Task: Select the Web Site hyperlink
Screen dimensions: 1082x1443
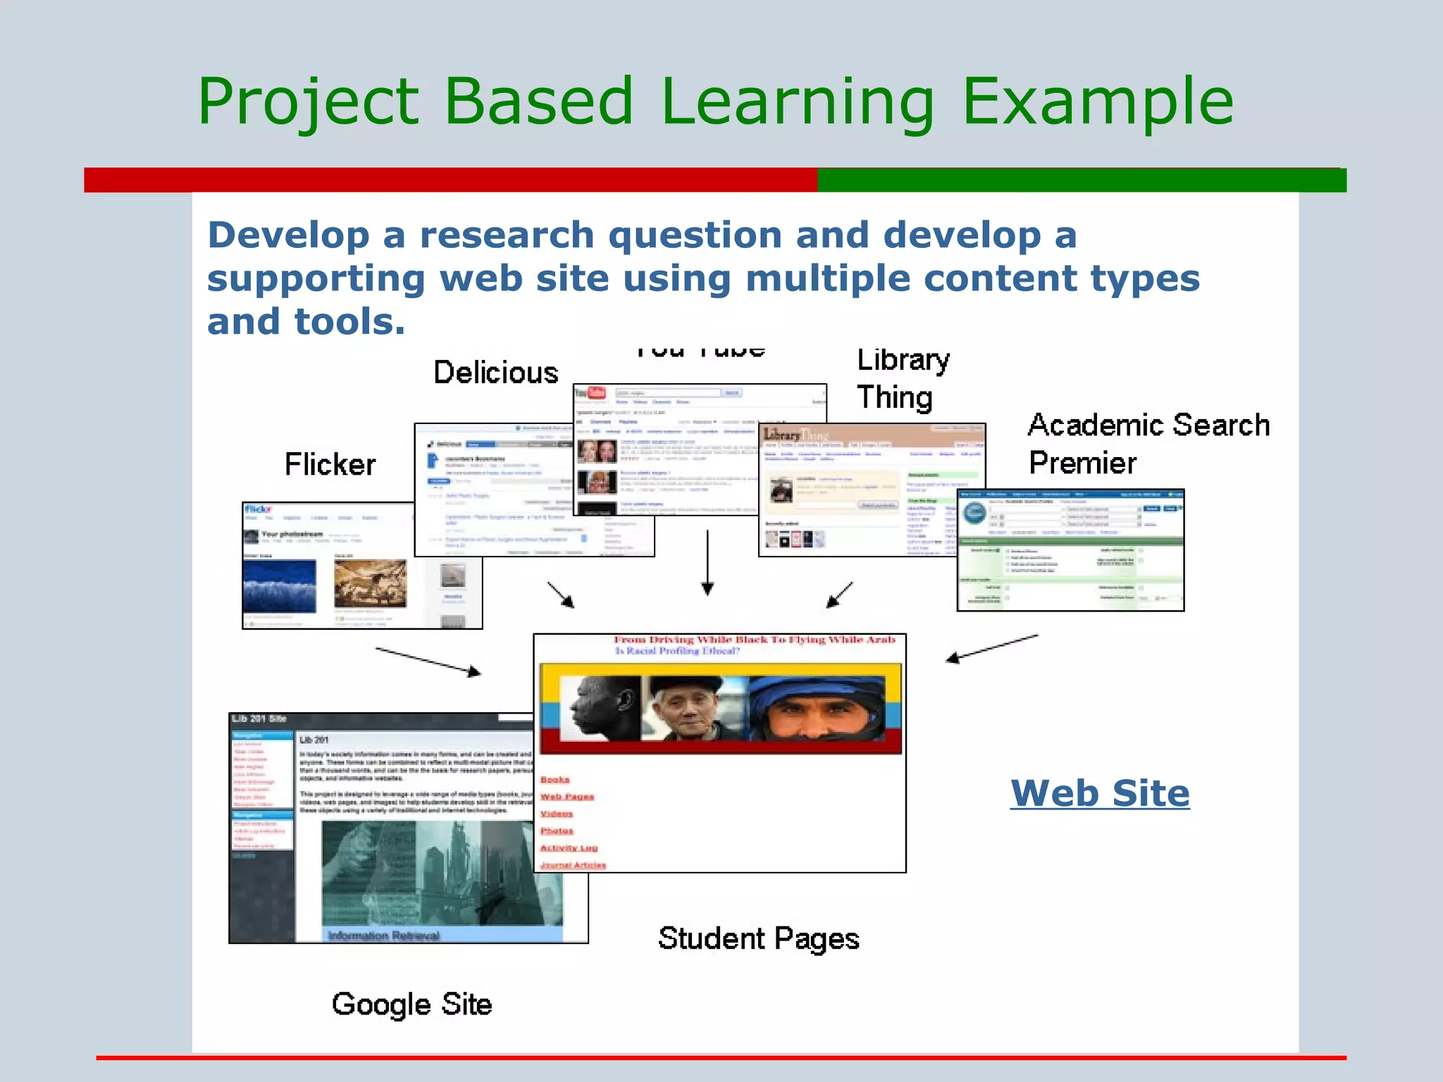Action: [x=1100, y=794]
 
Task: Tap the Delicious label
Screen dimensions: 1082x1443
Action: [x=495, y=373]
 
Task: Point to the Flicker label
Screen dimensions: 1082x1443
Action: [x=330, y=465]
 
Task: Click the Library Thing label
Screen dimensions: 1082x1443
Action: [x=903, y=379]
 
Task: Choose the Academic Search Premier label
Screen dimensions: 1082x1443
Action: [x=1148, y=444]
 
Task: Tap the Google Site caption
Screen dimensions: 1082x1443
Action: [x=411, y=1005]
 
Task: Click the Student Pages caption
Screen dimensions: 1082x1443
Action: [x=758, y=939]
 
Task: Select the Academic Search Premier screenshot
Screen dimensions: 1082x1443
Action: [x=1070, y=550]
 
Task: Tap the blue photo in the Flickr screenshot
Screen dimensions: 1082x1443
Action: [x=279, y=585]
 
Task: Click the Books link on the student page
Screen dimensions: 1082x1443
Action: [x=555, y=780]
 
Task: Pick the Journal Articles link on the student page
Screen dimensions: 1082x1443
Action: [x=573, y=865]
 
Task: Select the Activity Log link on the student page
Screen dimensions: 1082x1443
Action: [x=569, y=848]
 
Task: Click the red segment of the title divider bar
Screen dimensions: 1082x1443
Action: [x=451, y=180]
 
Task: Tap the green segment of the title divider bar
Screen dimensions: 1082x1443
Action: [x=1082, y=180]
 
